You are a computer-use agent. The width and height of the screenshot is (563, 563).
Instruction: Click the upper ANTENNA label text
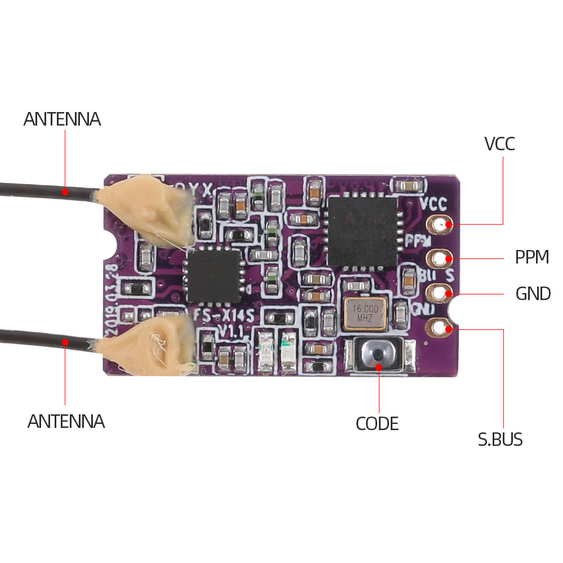click(62, 119)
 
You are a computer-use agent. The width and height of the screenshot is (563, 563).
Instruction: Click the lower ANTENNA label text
click(66, 421)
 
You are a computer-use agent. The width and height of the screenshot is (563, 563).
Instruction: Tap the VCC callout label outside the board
click(499, 144)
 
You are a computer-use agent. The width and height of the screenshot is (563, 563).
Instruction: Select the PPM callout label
click(532, 257)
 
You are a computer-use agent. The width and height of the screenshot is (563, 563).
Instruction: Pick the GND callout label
click(533, 293)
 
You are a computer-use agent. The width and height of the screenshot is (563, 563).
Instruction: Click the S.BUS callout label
click(500, 440)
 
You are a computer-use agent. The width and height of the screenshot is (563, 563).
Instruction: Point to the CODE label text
click(377, 423)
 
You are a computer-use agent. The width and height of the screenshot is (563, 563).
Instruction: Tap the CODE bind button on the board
click(379, 355)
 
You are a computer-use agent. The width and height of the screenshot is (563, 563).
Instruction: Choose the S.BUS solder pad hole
click(439, 327)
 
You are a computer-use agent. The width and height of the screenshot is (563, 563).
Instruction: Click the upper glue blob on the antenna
click(148, 208)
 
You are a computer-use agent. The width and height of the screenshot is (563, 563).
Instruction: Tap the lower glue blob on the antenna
click(148, 345)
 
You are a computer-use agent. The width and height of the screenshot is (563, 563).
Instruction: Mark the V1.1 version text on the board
click(229, 331)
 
